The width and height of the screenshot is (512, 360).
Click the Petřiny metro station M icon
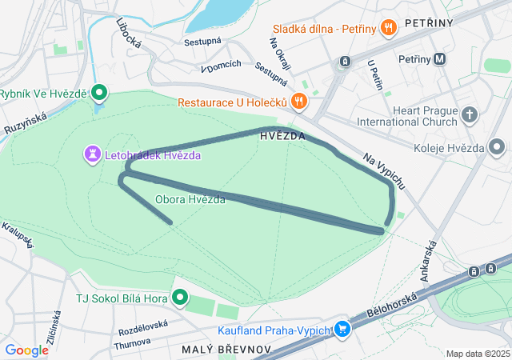click(x=440, y=59)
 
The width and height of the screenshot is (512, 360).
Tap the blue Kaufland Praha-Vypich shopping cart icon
click(x=342, y=329)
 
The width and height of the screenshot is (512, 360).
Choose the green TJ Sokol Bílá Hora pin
click(x=180, y=299)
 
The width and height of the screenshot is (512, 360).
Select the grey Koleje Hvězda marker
click(x=497, y=147)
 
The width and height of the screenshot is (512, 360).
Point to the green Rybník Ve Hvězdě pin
click(x=99, y=94)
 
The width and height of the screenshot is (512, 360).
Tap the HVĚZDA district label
click(x=282, y=137)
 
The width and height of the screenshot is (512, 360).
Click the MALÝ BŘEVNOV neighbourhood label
click(x=226, y=350)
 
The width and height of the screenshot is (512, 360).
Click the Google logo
click(x=26, y=350)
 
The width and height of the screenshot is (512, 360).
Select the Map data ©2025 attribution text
click(x=477, y=354)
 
